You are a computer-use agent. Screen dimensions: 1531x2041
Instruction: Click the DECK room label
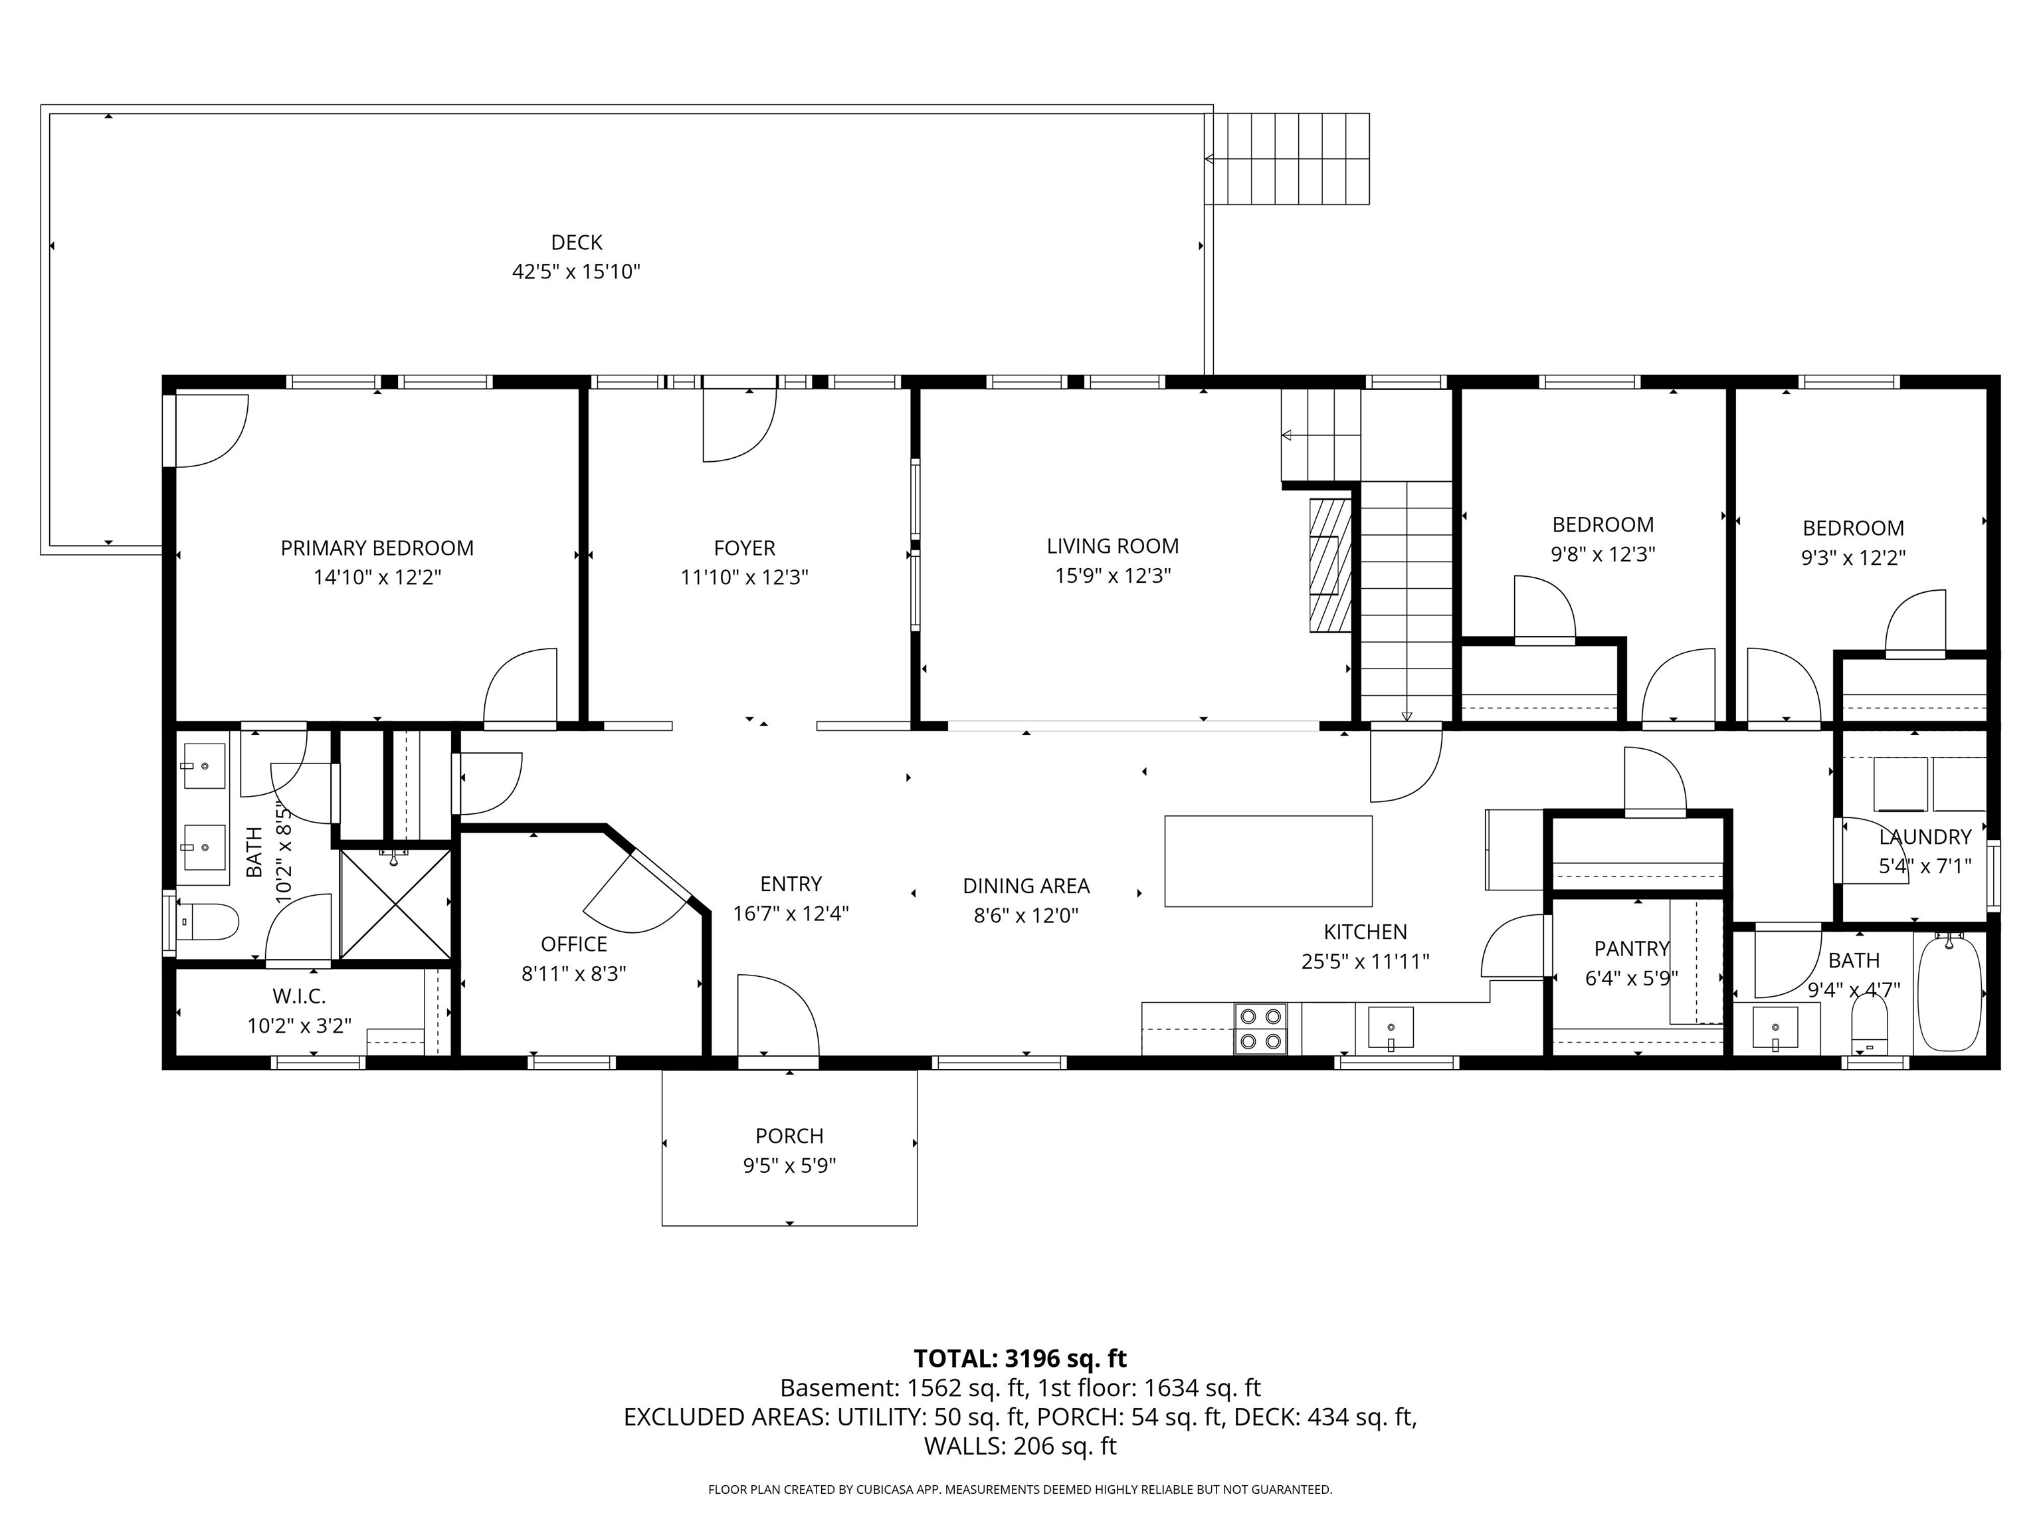(x=576, y=242)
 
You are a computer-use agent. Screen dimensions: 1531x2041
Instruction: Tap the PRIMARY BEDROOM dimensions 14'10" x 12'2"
(x=377, y=577)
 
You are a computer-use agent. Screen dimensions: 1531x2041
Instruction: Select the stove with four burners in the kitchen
(x=1260, y=1028)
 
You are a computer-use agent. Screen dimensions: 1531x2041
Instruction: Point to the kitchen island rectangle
(x=1268, y=861)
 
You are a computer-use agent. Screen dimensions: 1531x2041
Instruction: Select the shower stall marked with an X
(x=395, y=904)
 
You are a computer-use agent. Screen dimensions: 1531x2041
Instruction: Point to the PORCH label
(x=789, y=1136)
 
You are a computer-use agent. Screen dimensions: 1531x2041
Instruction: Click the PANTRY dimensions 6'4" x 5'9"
(x=1630, y=978)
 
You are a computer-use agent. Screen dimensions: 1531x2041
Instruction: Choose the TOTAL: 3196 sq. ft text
(x=1020, y=1358)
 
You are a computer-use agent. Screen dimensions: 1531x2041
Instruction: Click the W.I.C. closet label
(x=299, y=996)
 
